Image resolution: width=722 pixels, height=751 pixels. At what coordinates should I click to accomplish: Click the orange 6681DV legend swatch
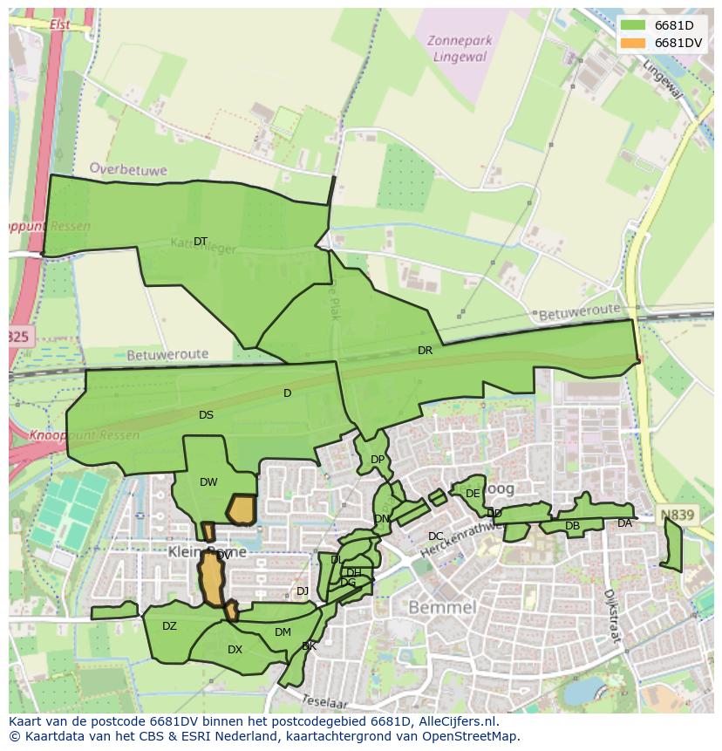(x=634, y=43)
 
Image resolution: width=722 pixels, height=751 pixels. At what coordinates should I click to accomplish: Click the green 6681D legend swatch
(x=634, y=25)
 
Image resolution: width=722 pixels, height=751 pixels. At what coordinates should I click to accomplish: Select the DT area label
(x=201, y=242)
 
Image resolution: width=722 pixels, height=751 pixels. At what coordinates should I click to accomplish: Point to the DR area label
(x=425, y=351)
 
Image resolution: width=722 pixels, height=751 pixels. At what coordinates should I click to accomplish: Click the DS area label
(x=206, y=415)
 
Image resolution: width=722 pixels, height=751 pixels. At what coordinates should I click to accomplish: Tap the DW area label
(x=208, y=482)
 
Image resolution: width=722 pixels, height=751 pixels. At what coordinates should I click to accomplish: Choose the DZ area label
(x=169, y=626)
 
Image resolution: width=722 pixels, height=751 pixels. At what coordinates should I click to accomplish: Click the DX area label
(x=235, y=650)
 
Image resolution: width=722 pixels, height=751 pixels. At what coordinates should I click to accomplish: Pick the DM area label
(x=283, y=632)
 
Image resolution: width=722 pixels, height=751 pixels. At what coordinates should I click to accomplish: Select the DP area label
(x=377, y=460)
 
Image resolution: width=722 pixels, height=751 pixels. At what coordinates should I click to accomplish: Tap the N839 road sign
(x=678, y=515)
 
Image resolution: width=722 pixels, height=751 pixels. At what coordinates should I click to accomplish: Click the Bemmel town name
(x=441, y=606)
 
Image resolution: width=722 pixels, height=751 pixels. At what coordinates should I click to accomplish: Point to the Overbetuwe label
(x=128, y=170)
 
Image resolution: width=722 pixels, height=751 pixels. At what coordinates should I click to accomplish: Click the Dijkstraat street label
(x=614, y=616)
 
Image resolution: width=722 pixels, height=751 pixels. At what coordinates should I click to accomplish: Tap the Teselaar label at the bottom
(x=324, y=701)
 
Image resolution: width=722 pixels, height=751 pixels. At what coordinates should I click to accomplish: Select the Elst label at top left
(x=60, y=24)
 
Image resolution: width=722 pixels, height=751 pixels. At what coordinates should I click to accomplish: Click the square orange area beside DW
(x=241, y=509)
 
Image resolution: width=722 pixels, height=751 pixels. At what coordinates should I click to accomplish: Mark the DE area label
(x=473, y=494)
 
